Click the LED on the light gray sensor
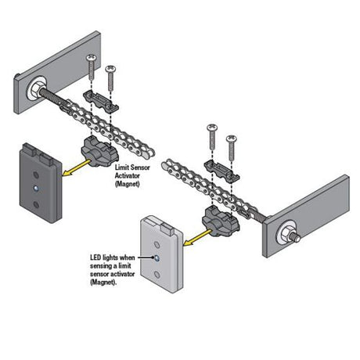pos(157,258)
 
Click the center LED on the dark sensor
pos(36,188)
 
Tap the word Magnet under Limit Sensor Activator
pos(128,184)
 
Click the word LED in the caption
pos(95,257)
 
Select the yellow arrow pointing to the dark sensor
pos(77,167)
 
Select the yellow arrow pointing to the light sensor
pos(197,237)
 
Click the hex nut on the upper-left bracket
pos(37,88)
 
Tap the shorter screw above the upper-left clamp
pos(110,77)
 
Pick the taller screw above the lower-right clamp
pos(212,136)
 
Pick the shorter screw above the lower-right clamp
pos(231,148)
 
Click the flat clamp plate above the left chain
pos(101,101)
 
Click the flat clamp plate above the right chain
pos(221,171)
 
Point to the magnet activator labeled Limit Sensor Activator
pos(100,152)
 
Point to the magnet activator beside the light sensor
pos(221,221)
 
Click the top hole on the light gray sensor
pos(157,245)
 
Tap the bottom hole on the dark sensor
pos(37,204)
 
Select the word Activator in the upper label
pos(128,175)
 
